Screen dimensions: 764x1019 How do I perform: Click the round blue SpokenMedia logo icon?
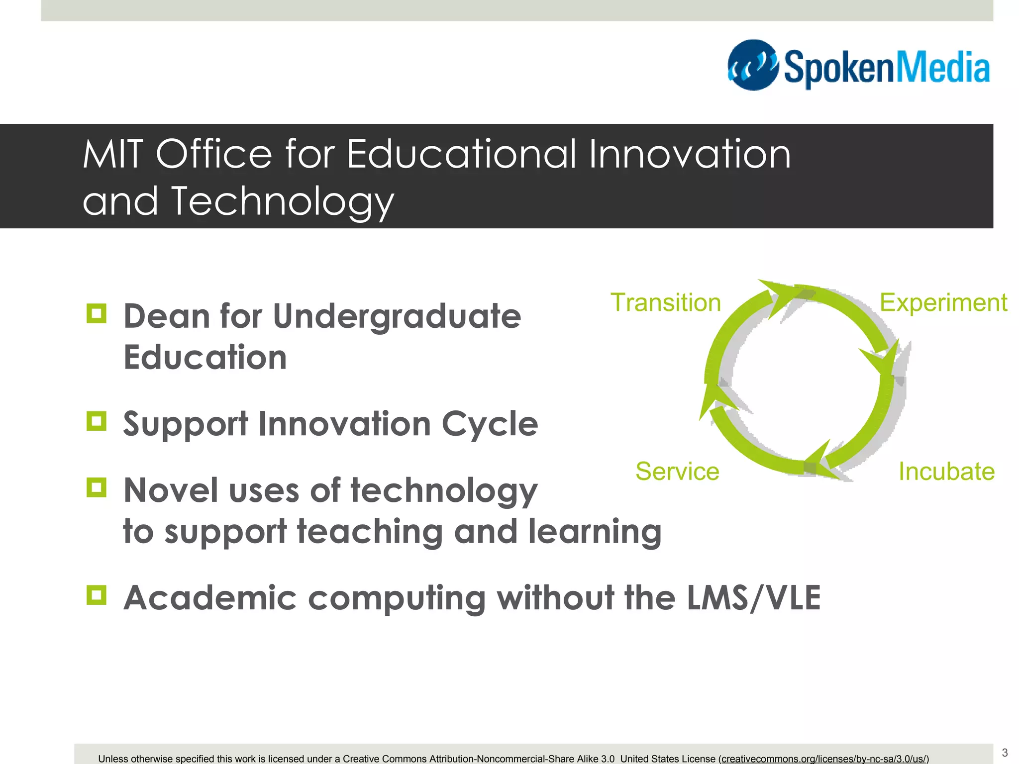click(753, 65)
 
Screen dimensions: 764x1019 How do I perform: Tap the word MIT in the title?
click(112, 154)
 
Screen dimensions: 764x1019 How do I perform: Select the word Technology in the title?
click(282, 202)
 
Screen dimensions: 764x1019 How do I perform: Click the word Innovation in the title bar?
click(690, 154)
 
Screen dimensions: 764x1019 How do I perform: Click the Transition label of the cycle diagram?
click(665, 302)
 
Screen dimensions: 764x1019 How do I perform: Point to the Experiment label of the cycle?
click(943, 302)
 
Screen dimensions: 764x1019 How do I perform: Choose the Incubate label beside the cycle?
click(946, 471)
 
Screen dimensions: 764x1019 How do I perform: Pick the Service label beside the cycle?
click(677, 471)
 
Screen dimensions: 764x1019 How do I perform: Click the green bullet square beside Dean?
click(97, 314)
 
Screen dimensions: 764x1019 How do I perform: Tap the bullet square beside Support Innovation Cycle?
click(97, 421)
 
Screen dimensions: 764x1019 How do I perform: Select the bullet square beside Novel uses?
click(97, 487)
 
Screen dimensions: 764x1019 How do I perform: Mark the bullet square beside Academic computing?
click(97, 595)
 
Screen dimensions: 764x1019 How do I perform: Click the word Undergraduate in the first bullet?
click(397, 317)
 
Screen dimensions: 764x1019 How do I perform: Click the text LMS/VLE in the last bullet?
click(753, 598)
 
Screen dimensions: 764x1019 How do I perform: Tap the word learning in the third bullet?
click(595, 532)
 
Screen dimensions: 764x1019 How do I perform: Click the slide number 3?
click(1005, 753)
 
